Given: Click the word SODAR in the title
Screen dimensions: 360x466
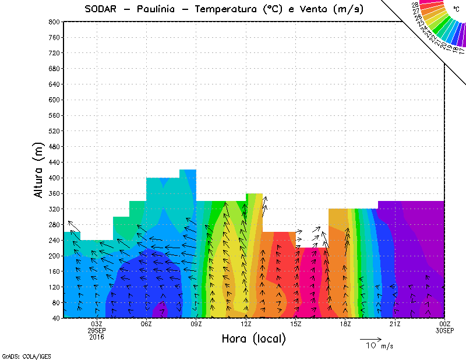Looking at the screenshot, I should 102,10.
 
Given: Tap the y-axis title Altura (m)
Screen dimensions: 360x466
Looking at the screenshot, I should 38,169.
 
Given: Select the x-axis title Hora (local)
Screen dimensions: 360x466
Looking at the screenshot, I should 253,338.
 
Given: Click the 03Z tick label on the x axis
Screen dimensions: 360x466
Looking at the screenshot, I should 97,324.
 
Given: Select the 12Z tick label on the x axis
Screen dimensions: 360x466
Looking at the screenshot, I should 246,324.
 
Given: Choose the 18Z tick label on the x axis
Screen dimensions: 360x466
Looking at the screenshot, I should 346,324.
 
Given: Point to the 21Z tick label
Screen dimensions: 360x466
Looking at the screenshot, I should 396,324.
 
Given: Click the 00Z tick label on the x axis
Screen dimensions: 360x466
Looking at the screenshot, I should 446,324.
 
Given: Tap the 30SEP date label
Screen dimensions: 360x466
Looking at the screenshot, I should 446,330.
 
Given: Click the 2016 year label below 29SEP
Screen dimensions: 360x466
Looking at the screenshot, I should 97,337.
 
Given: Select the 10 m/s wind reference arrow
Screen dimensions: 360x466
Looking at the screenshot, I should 370,338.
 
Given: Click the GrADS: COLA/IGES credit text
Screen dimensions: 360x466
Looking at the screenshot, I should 22,355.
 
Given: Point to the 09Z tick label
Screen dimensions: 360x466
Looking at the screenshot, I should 196,324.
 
